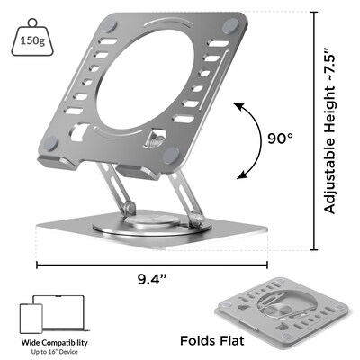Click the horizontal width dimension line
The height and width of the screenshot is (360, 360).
click(151, 265)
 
